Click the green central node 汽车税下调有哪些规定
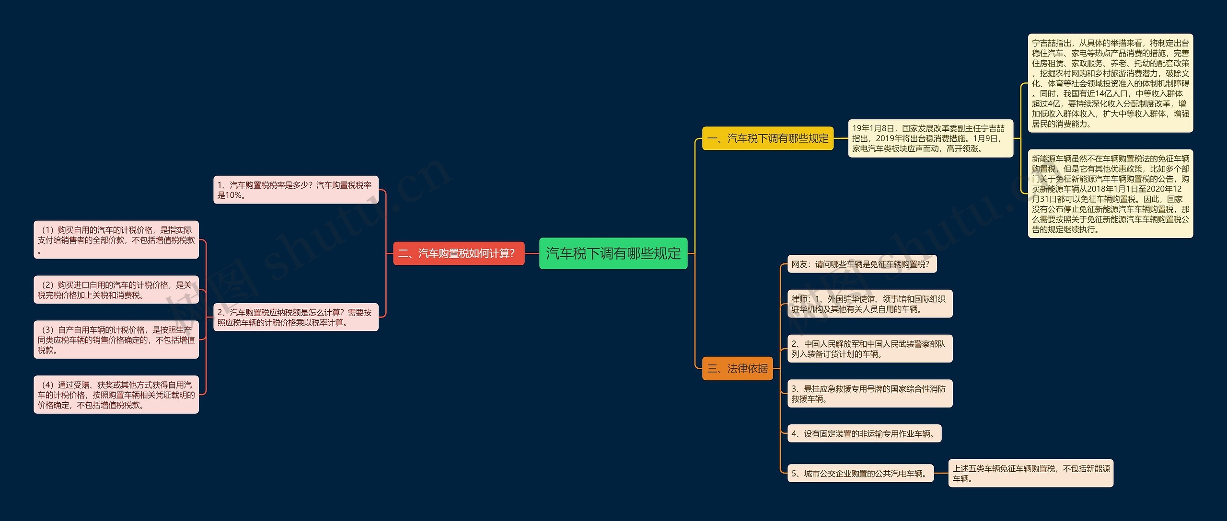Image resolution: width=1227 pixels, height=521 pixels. (613, 253)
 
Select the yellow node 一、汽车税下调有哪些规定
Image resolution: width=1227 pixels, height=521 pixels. (768, 138)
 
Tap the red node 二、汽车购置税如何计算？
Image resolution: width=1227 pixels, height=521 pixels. (459, 253)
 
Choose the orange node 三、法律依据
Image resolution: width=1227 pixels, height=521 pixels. (738, 368)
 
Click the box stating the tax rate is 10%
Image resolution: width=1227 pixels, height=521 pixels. (296, 190)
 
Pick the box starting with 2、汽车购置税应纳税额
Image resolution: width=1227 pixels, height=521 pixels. (296, 317)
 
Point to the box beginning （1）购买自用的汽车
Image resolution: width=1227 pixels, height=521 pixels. (116, 240)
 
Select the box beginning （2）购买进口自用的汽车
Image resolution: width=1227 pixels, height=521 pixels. (116, 290)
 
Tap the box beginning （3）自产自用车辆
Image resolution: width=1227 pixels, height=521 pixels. (116, 340)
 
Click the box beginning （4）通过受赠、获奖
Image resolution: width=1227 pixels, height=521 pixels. (116, 395)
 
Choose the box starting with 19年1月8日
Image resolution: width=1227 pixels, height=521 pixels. (931, 138)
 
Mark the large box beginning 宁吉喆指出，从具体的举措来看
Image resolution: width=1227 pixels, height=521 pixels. (1111, 83)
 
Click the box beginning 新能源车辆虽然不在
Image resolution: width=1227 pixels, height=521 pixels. (1111, 193)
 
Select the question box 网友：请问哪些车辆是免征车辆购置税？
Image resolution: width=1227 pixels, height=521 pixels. (862, 264)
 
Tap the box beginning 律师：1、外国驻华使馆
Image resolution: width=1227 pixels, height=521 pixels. (870, 304)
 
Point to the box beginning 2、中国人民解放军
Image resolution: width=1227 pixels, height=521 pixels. (870, 349)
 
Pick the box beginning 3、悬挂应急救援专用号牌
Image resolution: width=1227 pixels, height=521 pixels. (870, 394)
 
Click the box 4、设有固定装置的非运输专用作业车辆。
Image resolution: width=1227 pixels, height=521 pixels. (864, 433)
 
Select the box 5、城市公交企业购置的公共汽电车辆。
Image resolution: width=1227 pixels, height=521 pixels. (860, 473)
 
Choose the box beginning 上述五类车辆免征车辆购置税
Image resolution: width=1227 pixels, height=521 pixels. (1031, 473)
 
